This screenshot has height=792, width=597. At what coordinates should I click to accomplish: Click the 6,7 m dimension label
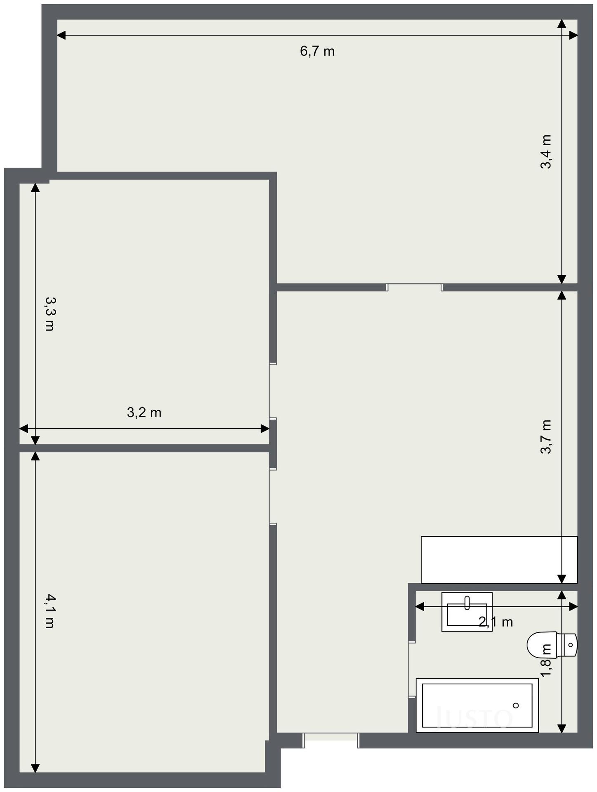click(x=317, y=52)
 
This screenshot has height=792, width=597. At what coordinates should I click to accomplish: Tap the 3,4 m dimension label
click(x=546, y=151)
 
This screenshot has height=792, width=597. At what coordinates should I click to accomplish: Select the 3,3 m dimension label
click(x=50, y=314)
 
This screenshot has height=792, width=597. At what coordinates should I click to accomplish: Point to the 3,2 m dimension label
click(x=144, y=412)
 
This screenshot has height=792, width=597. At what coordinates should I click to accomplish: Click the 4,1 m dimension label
click(x=50, y=611)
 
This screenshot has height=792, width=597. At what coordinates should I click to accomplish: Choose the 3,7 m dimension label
click(x=546, y=437)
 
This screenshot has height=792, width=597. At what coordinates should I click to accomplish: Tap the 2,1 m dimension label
click(x=496, y=622)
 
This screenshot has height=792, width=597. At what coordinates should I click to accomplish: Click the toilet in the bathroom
click(x=552, y=645)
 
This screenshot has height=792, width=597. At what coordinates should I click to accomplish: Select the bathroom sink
click(x=467, y=612)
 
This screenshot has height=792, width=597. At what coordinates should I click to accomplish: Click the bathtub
click(x=477, y=705)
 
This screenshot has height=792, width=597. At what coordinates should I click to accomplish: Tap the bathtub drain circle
click(x=516, y=705)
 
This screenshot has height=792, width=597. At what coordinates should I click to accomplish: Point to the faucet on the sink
click(x=467, y=603)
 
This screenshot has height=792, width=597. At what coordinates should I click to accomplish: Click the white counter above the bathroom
click(x=499, y=560)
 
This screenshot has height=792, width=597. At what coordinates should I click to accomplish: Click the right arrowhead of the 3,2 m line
click(x=265, y=429)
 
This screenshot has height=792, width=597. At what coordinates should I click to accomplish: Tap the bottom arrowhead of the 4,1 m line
click(x=35, y=768)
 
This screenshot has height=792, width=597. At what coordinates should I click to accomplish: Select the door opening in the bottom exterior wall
click(x=331, y=740)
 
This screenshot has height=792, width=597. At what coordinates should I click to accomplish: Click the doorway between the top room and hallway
click(x=414, y=287)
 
